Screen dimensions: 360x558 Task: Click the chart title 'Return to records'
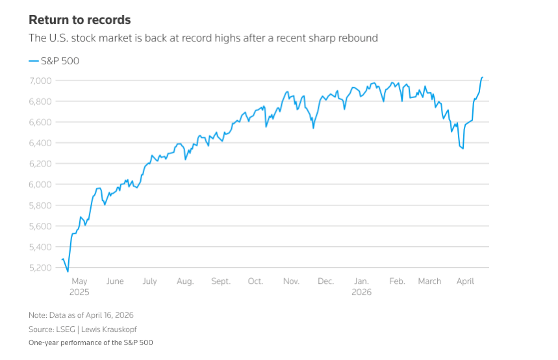[x=79, y=20]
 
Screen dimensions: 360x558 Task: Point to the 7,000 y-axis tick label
[x=41, y=81]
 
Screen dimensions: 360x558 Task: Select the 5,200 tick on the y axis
[x=41, y=268]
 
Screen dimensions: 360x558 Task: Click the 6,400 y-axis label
[x=41, y=143]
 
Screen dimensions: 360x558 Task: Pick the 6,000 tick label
[x=41, y=185]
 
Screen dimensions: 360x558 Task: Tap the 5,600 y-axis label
[x=41, y=226]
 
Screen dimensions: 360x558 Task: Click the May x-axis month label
[x=79, y=281]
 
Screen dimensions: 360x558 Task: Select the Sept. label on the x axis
[x=221, y=281]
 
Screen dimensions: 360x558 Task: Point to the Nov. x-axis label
[x=291, y=281]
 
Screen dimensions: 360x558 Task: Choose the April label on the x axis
[x=465, y=281]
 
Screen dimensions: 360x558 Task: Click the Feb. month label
[x=396, y=281]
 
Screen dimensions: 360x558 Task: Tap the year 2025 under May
[x=79, y=292]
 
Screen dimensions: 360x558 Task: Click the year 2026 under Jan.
[x=361, y=292]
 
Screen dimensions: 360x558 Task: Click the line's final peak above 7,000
[x=482, y=77]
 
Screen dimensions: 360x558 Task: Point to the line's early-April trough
[x=463, y=149]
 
